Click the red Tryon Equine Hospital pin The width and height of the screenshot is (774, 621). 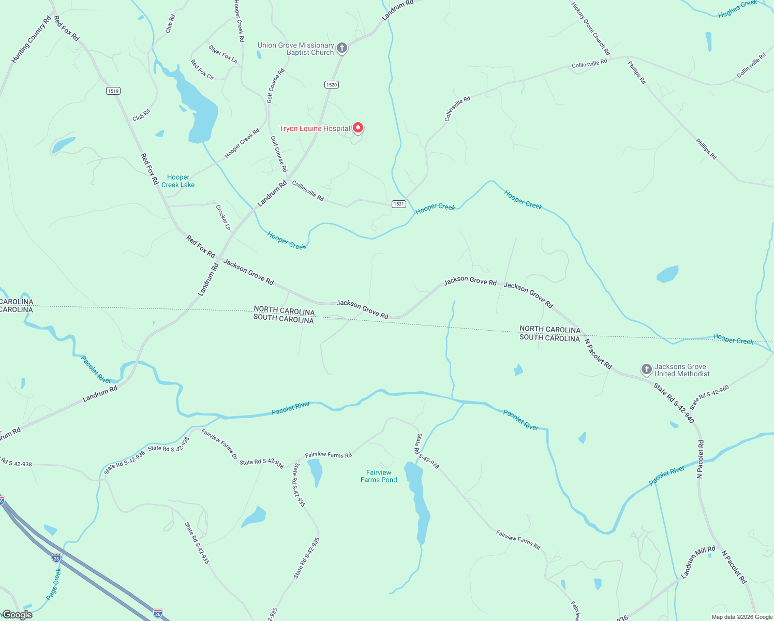click(358, 128)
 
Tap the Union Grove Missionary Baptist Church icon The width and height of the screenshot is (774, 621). click(341, 49)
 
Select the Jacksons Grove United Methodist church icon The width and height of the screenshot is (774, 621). click(646, 369)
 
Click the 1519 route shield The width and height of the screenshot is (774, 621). click(113, 91)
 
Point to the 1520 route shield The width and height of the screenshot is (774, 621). click(332, 85)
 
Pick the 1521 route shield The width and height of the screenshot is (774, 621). click(398, 204)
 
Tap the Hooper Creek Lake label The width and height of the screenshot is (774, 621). click(178, 181)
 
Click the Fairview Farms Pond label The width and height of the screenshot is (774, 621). click(379, 476)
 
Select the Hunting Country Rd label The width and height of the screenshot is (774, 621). click(32, 40)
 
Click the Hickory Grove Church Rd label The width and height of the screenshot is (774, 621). click(590, 28)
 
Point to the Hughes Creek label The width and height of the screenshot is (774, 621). click(737, 9)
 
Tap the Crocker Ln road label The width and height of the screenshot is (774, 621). click(223, 217)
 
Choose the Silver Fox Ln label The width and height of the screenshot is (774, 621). click(223, 54)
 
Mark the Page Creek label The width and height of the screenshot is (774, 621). click(54, 584)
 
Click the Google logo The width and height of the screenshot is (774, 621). click(17, 615)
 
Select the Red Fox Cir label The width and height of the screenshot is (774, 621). click(202, 69)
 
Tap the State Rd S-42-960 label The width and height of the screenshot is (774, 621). click(709, 397)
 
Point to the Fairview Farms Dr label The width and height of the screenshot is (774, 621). click(219, 444)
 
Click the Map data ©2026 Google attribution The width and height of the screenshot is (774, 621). click(742, 617)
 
